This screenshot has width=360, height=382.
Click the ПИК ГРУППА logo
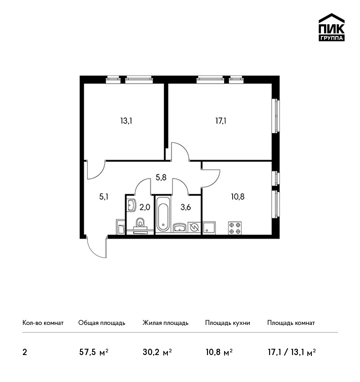[x=332, y=27]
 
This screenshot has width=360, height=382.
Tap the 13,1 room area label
[x=126, y=121]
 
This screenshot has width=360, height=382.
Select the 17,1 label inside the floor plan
[x=220, y=121]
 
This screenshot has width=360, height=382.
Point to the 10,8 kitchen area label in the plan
[x=238, y=196]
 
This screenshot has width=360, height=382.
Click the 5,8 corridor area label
[x=161, y=178]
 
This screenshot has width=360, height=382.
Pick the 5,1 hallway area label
[x=103, y=196]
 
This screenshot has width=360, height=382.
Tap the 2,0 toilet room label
[x=144, y=207]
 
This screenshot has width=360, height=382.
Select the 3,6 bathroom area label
[x=185, y=207]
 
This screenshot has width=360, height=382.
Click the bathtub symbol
[x=163, y=214]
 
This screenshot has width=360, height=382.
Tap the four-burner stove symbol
[x=235, y=228]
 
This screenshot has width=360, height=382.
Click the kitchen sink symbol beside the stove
[x=209, y=228]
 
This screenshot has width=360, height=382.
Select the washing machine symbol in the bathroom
[x=194, y=228]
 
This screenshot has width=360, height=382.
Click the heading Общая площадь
[x=102, y=323]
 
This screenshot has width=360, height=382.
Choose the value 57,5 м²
[x=94, y=352]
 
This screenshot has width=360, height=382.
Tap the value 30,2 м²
[x=157, y=352]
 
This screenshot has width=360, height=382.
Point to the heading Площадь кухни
[x=228, y=323]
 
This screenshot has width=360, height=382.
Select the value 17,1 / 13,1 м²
[x=292, y=352]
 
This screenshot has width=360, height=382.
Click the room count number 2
[x=25, y=352]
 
